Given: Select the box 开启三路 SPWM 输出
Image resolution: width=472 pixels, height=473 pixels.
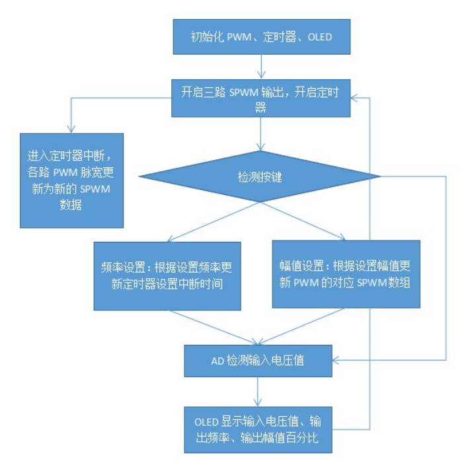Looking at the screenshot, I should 261,98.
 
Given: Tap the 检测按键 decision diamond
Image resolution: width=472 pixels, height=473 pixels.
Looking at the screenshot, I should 258,177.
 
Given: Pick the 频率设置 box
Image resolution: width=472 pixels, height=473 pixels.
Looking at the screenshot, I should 166,275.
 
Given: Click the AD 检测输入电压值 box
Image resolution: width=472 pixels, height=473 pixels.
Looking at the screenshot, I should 258,361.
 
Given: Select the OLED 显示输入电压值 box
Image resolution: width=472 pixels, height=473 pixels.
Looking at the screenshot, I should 258,429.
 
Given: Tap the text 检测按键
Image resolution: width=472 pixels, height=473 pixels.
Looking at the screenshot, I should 258,177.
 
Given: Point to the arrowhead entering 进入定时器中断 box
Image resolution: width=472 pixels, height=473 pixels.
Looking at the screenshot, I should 69,128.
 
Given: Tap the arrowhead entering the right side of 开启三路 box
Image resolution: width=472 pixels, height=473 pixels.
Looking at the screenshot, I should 354,98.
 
